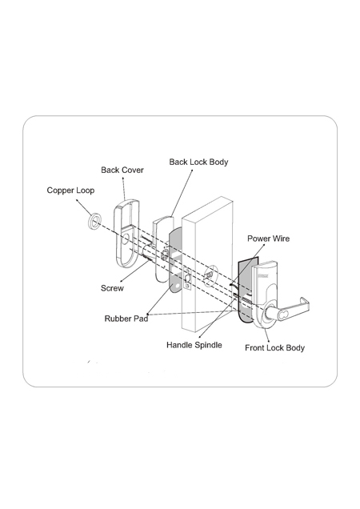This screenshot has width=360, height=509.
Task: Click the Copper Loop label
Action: [70, 190]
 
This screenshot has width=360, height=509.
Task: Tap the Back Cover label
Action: [122, 170]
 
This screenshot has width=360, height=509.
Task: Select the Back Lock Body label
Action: [198, 162]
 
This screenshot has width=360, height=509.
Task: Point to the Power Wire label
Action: [269, 238]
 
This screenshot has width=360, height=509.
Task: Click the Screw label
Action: [112, 288]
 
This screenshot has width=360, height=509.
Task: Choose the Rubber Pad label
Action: [126, 319]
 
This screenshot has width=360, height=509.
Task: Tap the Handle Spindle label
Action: [194, 345]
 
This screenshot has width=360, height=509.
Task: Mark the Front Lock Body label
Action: [274, 347]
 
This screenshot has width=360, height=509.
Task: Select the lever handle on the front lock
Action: [292, 307]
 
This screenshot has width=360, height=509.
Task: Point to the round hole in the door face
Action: [210, 275]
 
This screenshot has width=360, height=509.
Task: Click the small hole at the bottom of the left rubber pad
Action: [177, 287]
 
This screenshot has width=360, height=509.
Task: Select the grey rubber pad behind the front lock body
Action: [246, 289]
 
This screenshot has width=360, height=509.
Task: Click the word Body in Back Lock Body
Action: [218, 162]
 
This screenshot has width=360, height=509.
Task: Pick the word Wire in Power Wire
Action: [281, 238]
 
